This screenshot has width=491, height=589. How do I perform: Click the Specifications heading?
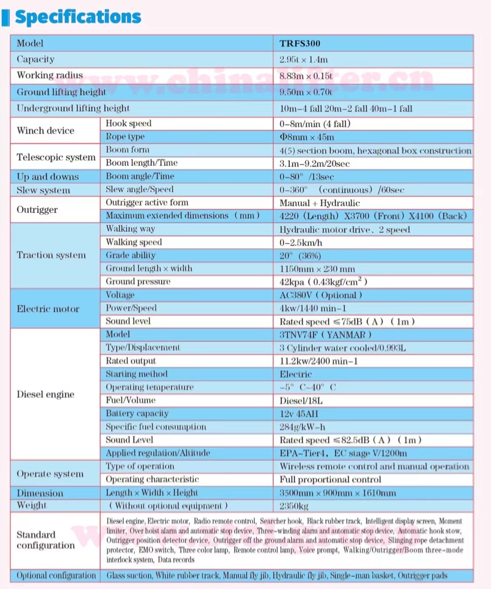[78, 17]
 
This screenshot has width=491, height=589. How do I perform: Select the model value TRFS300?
[300, 43]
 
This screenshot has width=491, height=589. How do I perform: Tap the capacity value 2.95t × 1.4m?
[303, 59]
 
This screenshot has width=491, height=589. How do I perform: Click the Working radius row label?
[50, 75]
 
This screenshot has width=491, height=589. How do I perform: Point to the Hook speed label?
[128, 124]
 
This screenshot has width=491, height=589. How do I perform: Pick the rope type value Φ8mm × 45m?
[307, 137]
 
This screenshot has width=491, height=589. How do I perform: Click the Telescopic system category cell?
[56, 157]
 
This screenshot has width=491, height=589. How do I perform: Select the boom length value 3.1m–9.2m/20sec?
[314, 164]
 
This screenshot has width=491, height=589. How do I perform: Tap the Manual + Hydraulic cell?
[319, 203]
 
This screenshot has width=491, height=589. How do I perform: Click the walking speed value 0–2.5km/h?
[301, 243]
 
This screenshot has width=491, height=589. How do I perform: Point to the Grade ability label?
[130, 255]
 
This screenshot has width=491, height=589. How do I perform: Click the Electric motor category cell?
[48, 309]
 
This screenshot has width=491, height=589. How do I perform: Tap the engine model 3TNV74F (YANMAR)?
[325, 335]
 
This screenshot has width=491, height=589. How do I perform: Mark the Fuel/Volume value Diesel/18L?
[301, 401]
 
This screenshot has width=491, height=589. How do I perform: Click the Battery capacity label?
[137, 413]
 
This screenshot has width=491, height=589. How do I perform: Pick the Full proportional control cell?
[330, 479]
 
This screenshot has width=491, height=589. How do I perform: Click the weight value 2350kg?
[294, 506]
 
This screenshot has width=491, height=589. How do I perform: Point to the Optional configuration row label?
[56, 575]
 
